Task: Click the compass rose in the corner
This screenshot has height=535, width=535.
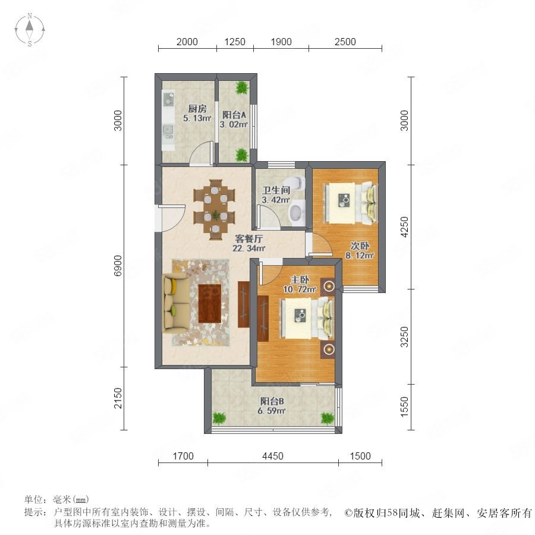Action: [30, 30]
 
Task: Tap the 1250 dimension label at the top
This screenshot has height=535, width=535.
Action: [235, 42]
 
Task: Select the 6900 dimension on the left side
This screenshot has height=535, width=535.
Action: [118, 266]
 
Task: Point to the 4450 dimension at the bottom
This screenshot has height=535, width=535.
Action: [273, 456]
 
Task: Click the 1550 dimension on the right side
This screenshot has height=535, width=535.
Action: [404, 407]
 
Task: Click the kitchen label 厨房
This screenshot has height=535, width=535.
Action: [197, 109]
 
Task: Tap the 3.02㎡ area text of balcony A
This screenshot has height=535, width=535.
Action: [234, 125]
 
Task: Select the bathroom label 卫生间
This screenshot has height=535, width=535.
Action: [276, 190]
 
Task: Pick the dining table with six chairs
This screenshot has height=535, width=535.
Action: [214, 209]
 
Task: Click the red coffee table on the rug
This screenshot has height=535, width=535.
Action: [210, 303]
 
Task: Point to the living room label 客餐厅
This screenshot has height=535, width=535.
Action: [248, 238]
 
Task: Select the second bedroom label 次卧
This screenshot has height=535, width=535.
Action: [360, 246]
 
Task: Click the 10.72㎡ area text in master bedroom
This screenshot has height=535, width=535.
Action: [300, 289]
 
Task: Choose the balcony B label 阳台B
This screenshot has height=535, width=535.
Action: [272, 401]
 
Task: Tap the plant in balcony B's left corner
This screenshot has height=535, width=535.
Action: [219, 418]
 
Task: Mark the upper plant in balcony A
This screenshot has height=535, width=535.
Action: [242, 88]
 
